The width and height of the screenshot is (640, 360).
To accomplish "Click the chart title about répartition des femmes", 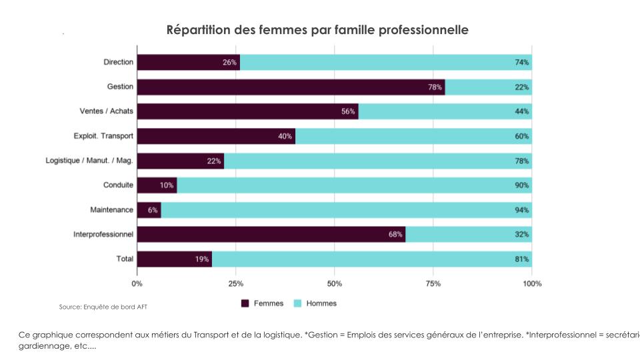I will (x=317, y=30).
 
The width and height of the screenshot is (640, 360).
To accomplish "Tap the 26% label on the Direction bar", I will (x=229, y=63).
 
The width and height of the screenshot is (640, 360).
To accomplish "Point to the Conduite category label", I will (x=118, y=185).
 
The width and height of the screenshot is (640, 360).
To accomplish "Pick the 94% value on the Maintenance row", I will (x=521, y=210).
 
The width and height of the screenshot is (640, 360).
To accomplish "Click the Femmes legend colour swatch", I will (x=245, y=303).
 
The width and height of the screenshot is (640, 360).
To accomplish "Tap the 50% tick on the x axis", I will (x=335, y=283).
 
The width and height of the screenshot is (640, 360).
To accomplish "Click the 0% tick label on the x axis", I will (x=137, y=283).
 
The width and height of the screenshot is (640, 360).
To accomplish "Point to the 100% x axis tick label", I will (x=531, y=283).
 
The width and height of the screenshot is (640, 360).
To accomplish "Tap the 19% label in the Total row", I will (x=202, y=259).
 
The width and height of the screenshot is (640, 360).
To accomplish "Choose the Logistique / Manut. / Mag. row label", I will (x=89, y=161).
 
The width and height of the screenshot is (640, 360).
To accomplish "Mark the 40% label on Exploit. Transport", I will (x=285, y=137).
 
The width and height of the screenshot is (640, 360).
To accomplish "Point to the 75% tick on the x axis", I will (x=433, y=283).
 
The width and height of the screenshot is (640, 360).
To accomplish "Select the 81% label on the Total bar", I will (x=521, y=259).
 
